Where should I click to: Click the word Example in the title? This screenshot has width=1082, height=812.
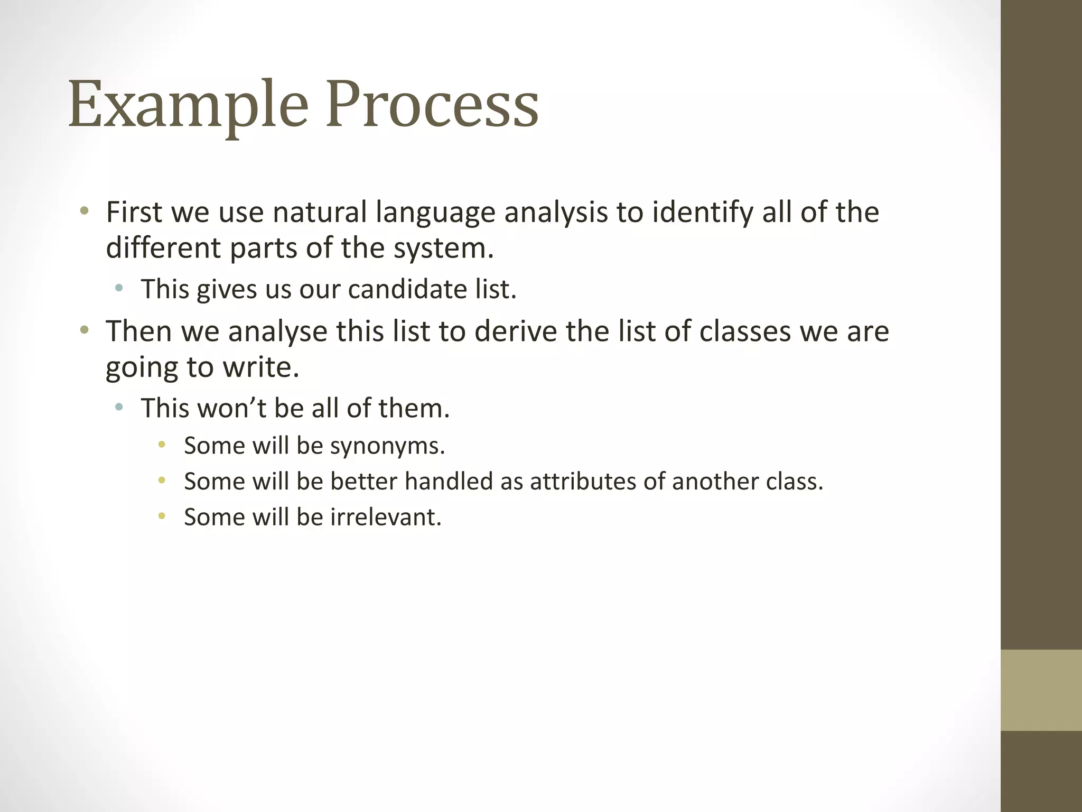pos(188,104)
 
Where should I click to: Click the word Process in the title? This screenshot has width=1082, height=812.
pos(432,104)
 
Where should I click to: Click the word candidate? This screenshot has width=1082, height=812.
pos(406,290)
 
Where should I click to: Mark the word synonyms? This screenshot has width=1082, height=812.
pos(387,446)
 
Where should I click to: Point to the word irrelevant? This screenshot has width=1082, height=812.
pos(386,518)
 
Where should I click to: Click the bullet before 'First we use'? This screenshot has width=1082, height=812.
pos(83,211)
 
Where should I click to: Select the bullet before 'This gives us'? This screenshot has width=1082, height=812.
pos(119,288)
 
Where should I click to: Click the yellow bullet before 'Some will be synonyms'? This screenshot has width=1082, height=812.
pos(162,445)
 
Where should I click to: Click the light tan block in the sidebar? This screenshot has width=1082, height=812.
pos(1041,690)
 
